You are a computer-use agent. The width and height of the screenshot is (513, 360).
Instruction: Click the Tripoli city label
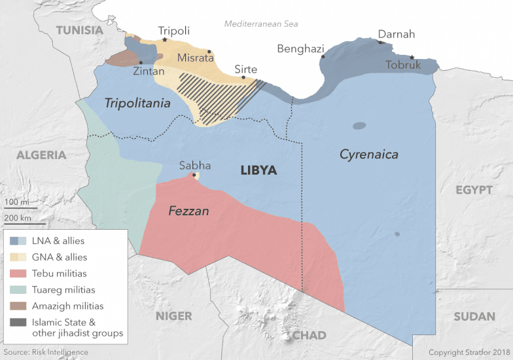pyautogui.click(x=174, y=31)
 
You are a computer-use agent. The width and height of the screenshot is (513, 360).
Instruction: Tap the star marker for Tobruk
pyautogui.click(x=412, y=57)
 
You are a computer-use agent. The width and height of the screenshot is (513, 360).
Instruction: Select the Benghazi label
pyautogui.click(x=300, y=48)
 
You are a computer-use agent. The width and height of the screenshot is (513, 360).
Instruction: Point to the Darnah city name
pyautogui.click(x=397, y=34)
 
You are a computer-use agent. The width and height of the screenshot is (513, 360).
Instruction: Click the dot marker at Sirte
pyautogui.click(x=243, y=77)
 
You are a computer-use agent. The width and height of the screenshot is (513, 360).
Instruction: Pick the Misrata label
pyautogui.click(x=195, y=57)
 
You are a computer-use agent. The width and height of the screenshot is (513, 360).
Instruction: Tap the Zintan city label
pyautogui.click(x=149, y=71)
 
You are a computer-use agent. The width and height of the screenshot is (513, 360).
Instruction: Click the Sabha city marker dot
pyautogui.click(x=194, y=175)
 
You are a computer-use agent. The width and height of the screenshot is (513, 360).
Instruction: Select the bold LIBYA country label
pyautogui.click(x=258, y=170)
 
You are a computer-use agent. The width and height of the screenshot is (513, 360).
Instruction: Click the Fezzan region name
pyautogui.click(x=188, y=211)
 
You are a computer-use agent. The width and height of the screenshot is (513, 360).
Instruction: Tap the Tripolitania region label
pyautogui.click(x=137, y=103)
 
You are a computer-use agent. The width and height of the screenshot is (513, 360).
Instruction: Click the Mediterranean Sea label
pyautogui.click(x=261, y=24)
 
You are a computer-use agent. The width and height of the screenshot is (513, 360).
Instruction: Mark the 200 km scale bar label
pyautogui.click(x=18, y=218)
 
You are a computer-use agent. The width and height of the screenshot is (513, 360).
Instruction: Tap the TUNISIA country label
pyautogui.click(x=80, y=30)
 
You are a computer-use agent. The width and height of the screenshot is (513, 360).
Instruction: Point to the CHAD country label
pyautogui.click(x=309, y=335)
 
